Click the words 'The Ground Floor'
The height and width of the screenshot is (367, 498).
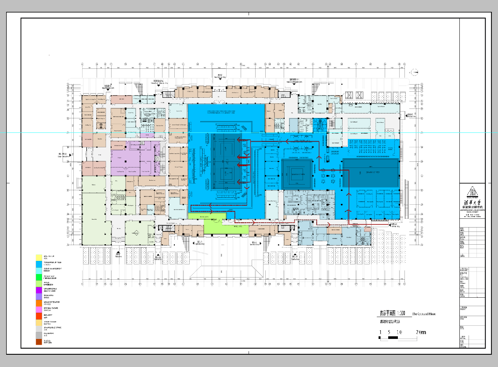coord(424,314)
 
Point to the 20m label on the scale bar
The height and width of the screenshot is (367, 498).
coord(420,332)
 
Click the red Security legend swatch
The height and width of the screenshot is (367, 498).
coord(39,316)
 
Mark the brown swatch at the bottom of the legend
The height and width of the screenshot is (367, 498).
coord(39,342)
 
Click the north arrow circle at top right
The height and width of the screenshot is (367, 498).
coord(414,71)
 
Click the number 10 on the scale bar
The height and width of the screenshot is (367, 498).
coord(399,332)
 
